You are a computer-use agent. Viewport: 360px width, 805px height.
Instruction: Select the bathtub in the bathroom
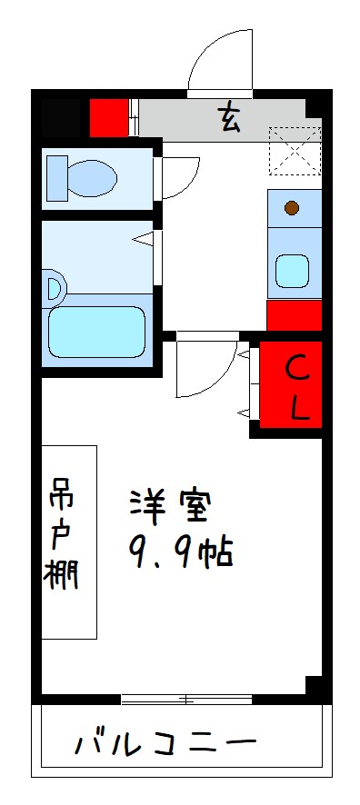95,332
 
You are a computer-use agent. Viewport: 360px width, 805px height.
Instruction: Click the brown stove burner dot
292,208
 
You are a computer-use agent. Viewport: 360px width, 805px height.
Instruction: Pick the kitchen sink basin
292,270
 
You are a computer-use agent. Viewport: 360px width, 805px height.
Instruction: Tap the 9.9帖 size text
182,552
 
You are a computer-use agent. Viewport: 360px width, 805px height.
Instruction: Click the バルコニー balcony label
164,745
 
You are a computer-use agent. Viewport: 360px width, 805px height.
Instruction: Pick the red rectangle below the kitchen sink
294,315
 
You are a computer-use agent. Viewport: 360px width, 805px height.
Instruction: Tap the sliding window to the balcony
186,699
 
